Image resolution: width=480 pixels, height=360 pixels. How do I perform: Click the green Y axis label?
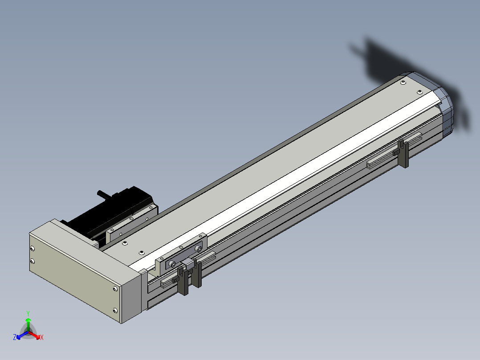pos(28,313)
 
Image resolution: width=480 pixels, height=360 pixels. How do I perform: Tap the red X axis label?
pos(42,337)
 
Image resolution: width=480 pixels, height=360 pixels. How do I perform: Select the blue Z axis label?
pos(15,337)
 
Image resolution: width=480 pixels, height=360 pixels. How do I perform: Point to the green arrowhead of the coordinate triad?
pos(28,320)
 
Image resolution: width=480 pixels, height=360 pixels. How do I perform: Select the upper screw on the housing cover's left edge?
pos(33,249)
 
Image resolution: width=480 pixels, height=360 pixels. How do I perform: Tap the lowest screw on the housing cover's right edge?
pos(115,311)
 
